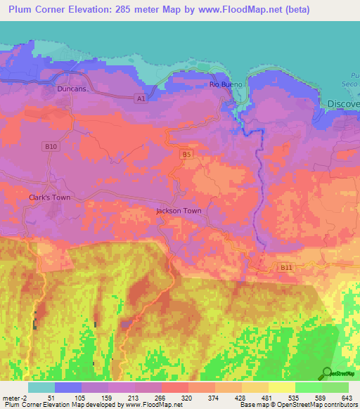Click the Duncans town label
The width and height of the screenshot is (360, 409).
72,90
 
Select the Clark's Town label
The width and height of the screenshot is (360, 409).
49,197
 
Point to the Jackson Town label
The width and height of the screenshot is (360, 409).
179,211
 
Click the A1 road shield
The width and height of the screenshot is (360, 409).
141,99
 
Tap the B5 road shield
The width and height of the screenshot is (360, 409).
186,154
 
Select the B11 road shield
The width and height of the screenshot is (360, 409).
285,268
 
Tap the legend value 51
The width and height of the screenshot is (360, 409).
51,397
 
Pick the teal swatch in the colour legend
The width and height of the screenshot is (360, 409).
41,387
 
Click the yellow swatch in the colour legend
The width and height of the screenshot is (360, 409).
282,387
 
